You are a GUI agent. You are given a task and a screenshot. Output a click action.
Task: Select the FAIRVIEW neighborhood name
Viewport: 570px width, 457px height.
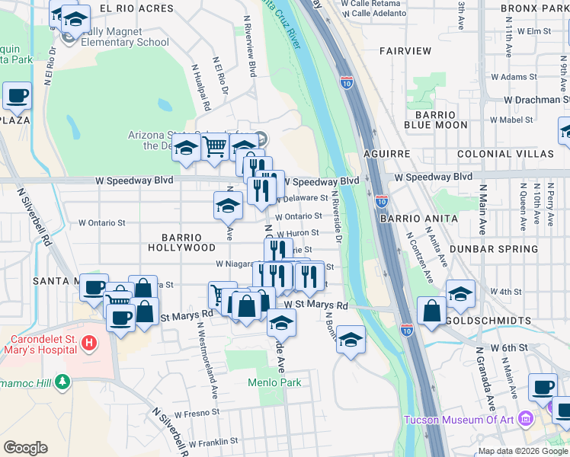405,51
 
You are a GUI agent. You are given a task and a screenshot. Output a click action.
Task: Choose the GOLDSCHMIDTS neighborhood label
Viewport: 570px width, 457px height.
508,319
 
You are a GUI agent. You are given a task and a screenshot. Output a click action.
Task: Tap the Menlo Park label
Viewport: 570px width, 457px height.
274,382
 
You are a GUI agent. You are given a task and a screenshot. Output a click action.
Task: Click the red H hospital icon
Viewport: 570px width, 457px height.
89,344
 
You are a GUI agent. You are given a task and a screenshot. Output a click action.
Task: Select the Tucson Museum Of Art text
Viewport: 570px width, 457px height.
458,419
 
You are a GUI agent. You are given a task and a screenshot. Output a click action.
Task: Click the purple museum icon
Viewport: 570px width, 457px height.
525,419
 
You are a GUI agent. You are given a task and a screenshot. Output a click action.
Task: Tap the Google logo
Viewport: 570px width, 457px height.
26,447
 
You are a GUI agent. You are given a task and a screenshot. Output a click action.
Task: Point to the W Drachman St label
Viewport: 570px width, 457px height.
536,100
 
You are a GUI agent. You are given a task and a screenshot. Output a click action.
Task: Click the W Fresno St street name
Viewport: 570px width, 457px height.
197,414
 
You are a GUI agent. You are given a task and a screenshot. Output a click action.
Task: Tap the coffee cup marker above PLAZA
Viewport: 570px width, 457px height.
17,96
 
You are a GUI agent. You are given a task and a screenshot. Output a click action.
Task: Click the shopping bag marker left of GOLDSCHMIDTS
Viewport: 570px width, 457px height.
431,311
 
